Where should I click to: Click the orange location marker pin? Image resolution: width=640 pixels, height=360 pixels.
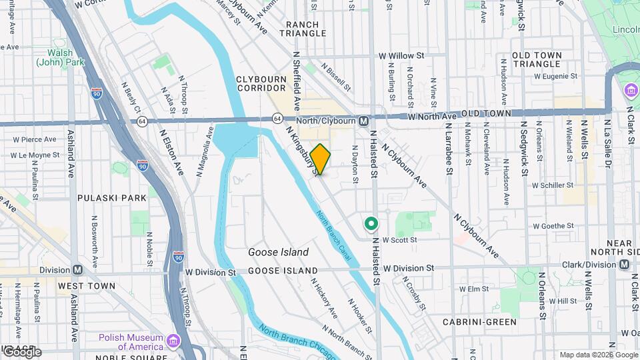[x=321, y=159]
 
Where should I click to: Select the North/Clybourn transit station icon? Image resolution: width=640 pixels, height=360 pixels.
[x=363, y=121]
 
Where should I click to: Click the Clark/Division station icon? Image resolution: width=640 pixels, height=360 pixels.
[x=624, y=265]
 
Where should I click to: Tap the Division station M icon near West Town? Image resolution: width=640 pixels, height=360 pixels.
[x=78, y=270]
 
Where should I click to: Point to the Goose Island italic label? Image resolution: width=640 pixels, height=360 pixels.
[x=278, y=252]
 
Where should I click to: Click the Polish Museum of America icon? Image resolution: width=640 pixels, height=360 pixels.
[x=173, y=341]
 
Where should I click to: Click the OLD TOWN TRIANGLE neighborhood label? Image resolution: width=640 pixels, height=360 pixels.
[x=546, y=59]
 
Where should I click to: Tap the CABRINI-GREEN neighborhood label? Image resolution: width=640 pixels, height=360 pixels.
[x=479, y=322]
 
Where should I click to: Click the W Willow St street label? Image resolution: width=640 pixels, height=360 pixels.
[x=401, y=56]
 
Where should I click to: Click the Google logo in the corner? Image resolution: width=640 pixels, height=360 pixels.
[x=21, y=352]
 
